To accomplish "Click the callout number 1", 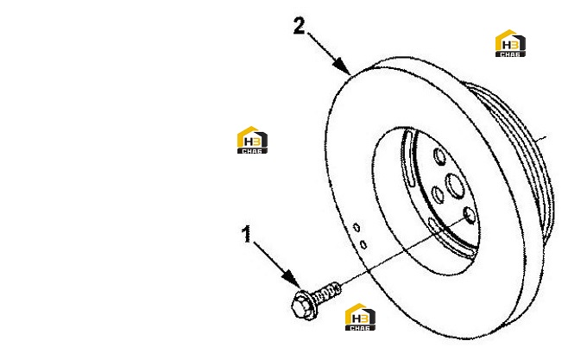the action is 246,234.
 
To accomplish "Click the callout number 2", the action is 300,26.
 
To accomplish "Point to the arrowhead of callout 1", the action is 292,279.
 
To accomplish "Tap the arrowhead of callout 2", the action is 342,66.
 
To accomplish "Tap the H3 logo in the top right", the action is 510,43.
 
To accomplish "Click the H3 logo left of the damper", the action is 252,140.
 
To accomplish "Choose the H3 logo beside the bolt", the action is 360,317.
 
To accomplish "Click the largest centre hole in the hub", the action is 455,186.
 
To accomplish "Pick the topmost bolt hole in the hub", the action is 439,156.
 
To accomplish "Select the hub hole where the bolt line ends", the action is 469,215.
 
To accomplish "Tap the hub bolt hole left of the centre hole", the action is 438,195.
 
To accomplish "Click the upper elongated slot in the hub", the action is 407,157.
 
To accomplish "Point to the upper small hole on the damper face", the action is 357,227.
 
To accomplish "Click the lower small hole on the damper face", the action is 363,244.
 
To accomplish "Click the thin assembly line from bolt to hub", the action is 404,252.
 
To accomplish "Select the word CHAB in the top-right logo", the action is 510,54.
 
